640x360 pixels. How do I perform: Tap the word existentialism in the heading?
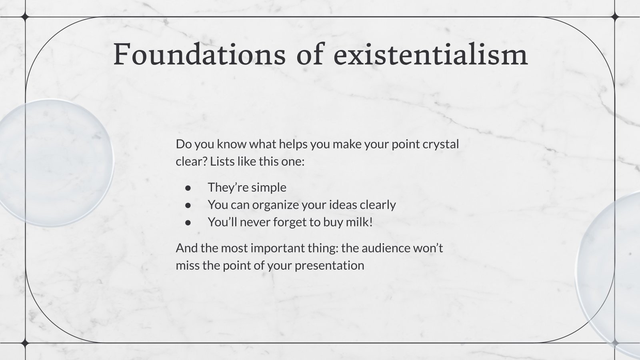point(430,54)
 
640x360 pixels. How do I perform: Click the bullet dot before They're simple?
point(187,188)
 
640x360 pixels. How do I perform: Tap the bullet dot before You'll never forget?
point(187,222)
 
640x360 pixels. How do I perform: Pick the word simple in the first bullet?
point(269,188)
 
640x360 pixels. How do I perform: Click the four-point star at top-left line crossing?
point(26,17)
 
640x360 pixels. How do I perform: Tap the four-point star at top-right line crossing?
point(615,17)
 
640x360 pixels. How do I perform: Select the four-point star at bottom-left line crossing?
point(26,343)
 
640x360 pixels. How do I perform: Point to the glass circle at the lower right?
point(612,272)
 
